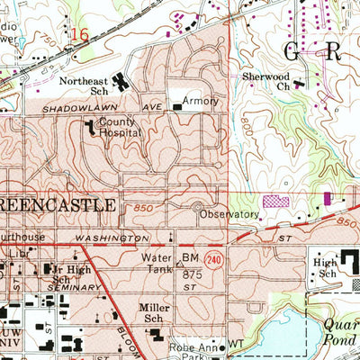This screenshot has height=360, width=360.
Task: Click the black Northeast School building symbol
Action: [x=121, y=82]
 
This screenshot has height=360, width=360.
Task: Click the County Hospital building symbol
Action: [x=91, y=130]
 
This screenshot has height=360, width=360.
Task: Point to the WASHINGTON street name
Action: [x=112, y=238]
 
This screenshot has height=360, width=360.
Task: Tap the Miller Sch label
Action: [x=155, y=312]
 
